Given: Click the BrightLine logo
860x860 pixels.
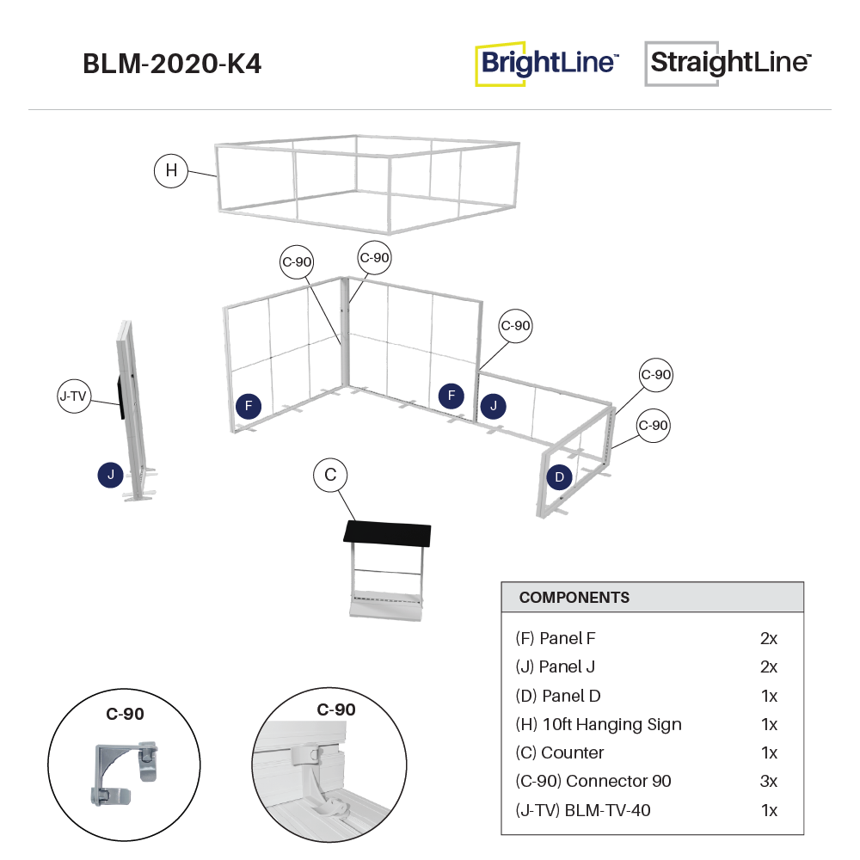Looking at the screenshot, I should (x=547, y=64).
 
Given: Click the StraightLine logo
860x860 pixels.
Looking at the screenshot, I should (x=728, y=64).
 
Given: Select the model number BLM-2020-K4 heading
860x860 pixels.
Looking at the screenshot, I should (x=172, y=64).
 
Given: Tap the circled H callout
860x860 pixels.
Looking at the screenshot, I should (x=171, y=170).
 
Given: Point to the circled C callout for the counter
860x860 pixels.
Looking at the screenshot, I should (x=329, y=475).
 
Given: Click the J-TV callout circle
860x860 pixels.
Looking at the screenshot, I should (x=74, y=396).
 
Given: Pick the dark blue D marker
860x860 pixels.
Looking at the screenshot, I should (x=559, y=476).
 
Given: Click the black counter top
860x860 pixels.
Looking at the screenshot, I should (x=387, y=535).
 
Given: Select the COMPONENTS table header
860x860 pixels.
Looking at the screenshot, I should (x=574, y=598).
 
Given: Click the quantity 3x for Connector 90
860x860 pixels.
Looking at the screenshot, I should (x=769, y=781).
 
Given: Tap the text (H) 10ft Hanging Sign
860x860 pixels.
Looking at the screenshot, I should (x=599, y=724).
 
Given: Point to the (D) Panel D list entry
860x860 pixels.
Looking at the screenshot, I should (x=563, y=695).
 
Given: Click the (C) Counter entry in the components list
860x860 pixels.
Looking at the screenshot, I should (x=560, y=752).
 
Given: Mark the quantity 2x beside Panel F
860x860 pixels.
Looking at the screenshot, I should (x=769, y=638).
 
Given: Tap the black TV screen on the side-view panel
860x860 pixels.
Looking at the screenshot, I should (x=121, y=395).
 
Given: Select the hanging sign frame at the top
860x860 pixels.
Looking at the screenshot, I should (x=368, y=183).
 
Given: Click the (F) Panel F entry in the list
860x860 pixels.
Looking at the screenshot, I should (x=556, y=638).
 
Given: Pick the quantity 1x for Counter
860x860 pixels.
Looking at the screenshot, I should (x=769, y=752).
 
